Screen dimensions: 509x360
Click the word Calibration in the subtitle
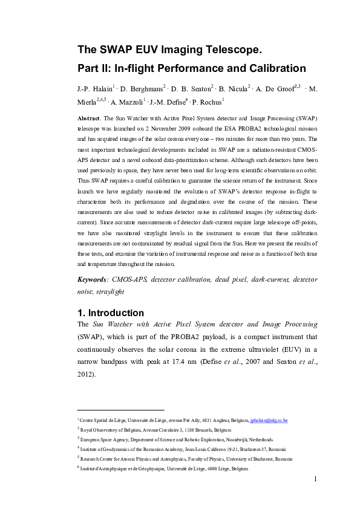[x=270, y=68]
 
